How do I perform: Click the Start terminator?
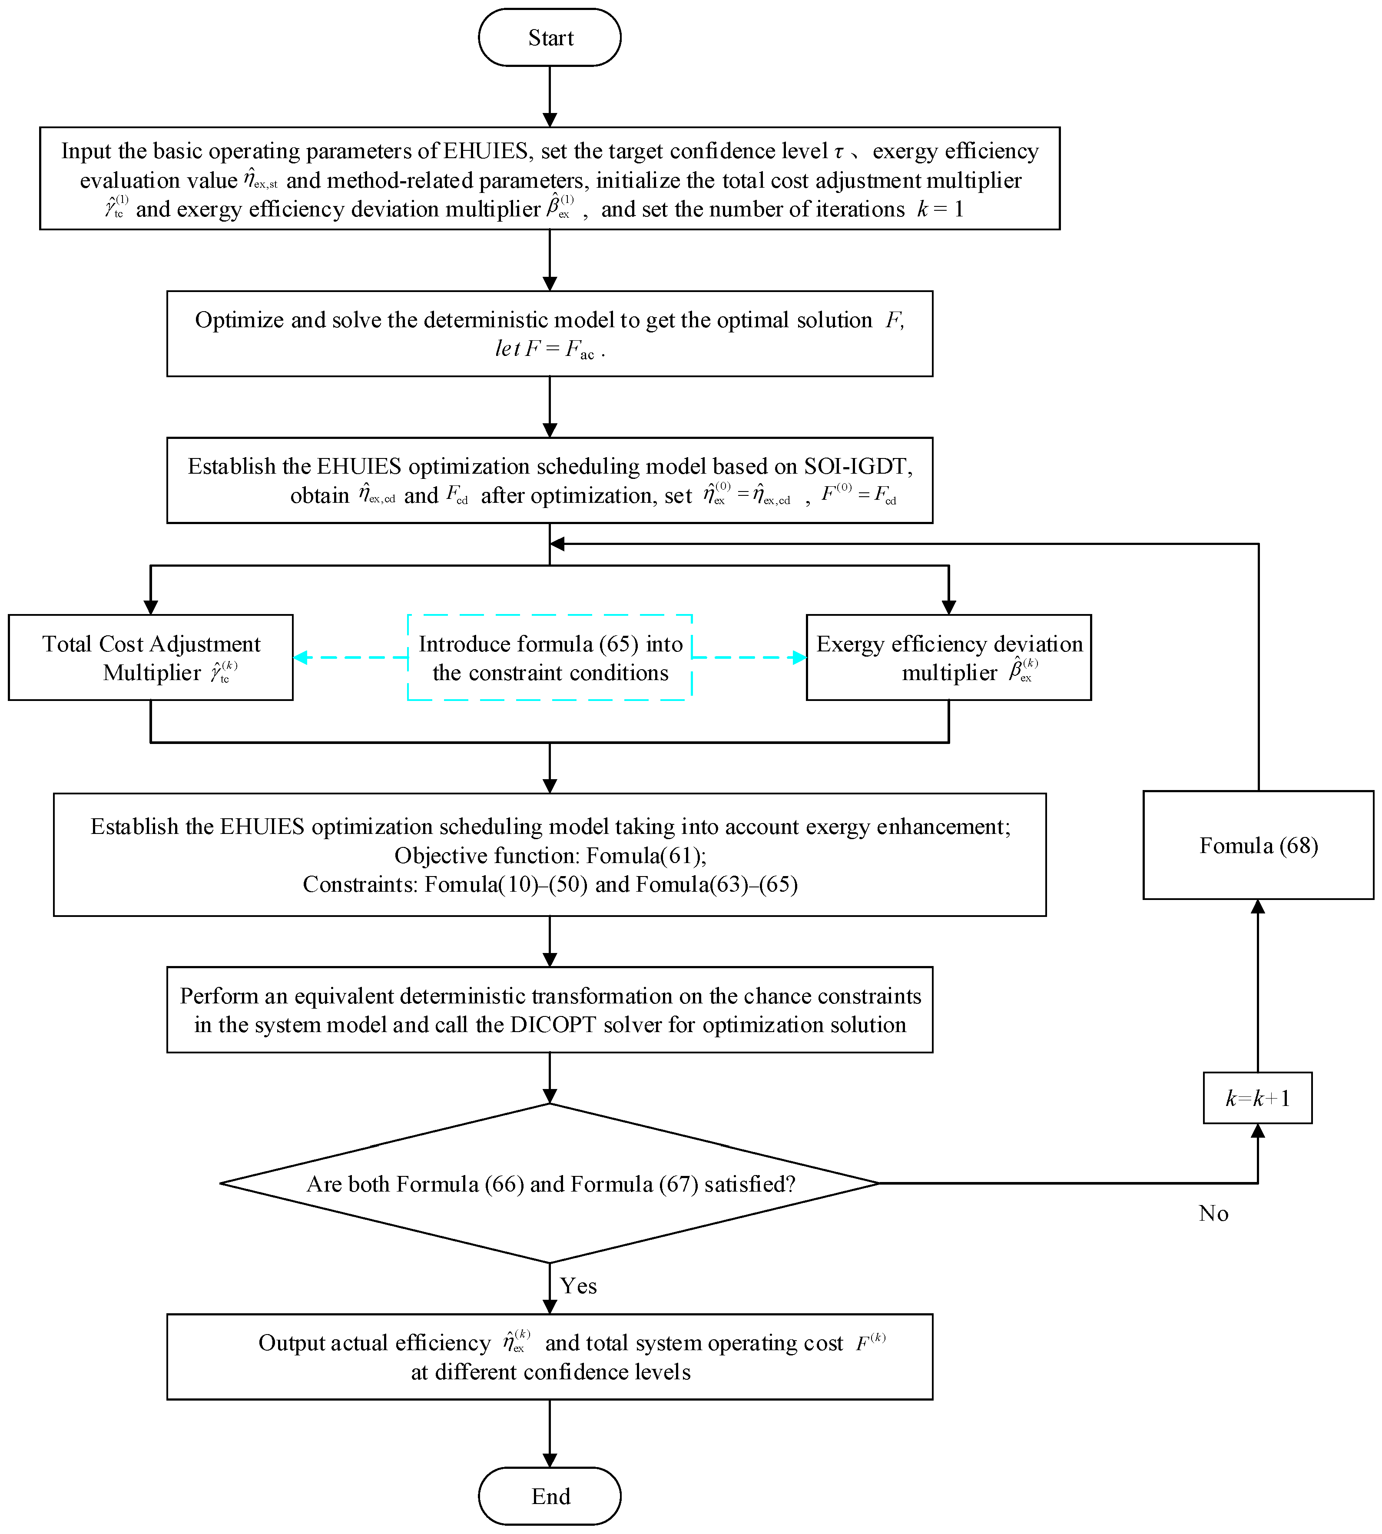click(x=549, y=37)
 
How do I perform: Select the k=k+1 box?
click(x=1257, y=1097)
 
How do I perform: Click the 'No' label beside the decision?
click(x=1213, y=1213)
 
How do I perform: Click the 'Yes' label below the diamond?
click(x=578, y=1285)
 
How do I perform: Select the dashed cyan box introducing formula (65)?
click(x=549, y=657)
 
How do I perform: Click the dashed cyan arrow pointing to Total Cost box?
click(x=349, y=657)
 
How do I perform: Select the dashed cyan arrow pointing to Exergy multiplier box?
click(x=749, y=657)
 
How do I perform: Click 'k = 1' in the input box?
click(x=940, y=209)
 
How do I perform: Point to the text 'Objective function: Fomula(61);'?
click(x=550, y=855)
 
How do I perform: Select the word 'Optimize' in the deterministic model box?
click(x=239, y=320)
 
